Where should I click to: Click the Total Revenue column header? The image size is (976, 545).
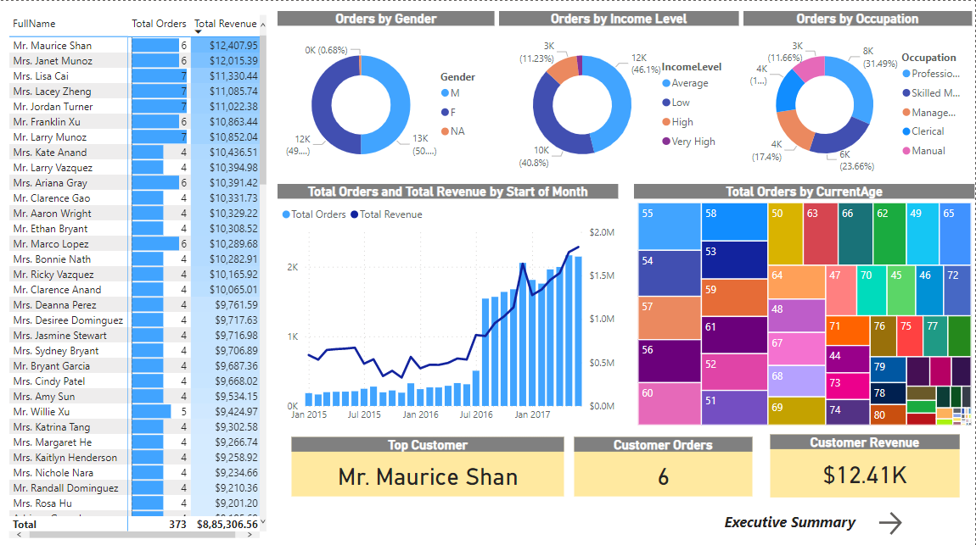point(225,24)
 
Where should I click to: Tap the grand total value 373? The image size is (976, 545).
point(177,525)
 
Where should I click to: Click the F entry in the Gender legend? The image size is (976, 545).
point(453,112)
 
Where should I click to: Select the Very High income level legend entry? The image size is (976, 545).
point(693,142)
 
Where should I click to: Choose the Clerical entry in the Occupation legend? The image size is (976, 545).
point(928,131)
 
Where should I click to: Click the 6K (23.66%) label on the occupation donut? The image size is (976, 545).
point(855,160)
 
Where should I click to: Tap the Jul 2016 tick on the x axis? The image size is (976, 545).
point(476,414)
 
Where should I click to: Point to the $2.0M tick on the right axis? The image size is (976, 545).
point(601,232)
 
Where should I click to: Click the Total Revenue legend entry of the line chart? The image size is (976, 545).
point(390,214)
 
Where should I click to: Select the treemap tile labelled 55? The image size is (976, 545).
point(669,226)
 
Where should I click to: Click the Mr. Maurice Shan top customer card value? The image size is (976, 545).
point(428,476)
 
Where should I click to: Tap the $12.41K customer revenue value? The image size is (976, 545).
point(865,475)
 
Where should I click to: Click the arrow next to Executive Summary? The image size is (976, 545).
point(890,523)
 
